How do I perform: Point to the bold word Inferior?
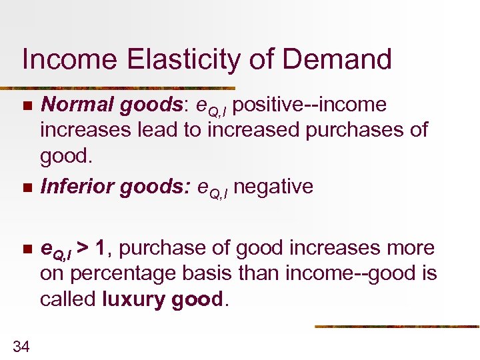77,187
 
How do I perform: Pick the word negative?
273,187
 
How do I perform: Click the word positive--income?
311,105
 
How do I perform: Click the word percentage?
138,274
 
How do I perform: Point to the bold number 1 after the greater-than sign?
99,249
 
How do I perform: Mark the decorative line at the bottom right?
397,327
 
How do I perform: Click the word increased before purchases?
254,129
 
